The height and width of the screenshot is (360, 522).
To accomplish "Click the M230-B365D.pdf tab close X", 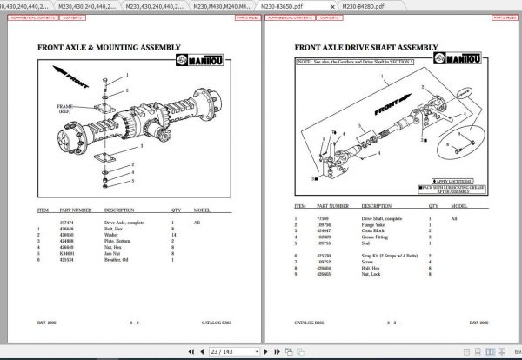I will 331,5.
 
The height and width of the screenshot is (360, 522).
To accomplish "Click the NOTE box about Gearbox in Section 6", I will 365,63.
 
